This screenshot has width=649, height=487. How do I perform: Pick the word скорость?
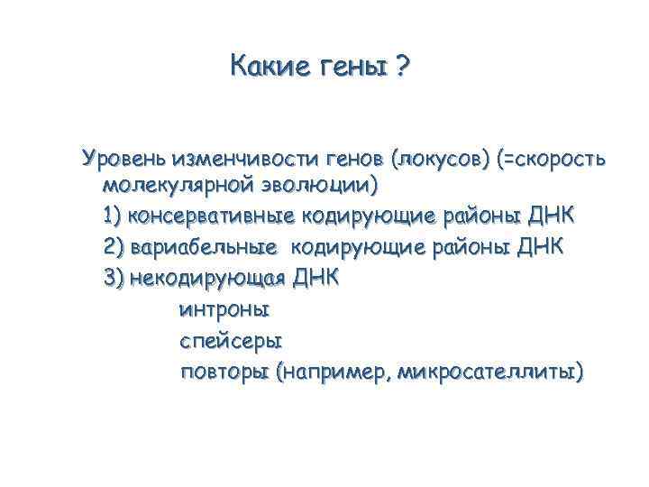coord(559,160)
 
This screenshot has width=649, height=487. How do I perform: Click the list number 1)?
coord(114,217)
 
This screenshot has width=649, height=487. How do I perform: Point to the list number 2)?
coord(114,247)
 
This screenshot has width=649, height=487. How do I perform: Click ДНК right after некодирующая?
coord(317,277)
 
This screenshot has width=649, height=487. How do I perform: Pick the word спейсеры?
coord(232,341)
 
